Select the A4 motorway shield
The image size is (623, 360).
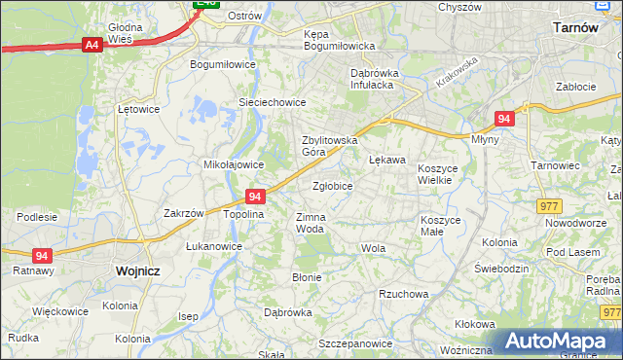pos(92,44)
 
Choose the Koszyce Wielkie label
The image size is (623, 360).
pos(443,175)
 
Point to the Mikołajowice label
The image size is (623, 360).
pos(229,164)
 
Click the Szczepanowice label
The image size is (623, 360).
pos(353,343)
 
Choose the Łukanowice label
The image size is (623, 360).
pos(213,246)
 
